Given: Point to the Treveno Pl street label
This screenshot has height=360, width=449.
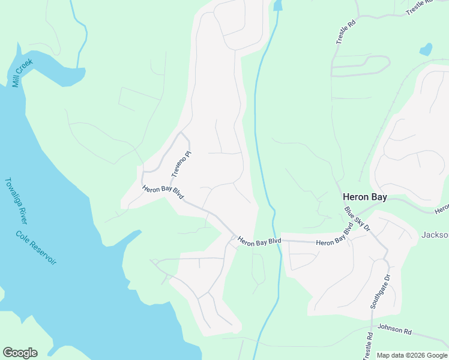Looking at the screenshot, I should pyautogui.click(x=181, y=163).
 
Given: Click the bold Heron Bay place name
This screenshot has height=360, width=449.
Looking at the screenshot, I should pyautogui.click(x=364, y=196).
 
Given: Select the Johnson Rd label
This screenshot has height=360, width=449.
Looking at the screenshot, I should pyautogui.click(x=395, y=331).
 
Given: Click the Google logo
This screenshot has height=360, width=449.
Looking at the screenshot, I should pyautogui.click(x=20, y=353).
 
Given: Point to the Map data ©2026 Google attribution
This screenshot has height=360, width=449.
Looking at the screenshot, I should pyautogui.click(x=411, y=355).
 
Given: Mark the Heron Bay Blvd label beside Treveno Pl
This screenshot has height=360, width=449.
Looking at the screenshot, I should pyautogui.click(x=163, y=193).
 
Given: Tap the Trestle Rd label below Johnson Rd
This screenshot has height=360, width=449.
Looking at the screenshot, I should pyautogui.click(x=367, y=347).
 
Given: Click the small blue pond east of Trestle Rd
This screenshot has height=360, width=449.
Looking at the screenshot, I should pyautogui.click(x=426, y=49).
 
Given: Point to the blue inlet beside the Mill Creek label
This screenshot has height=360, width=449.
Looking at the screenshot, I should pyautogui.click(x=60, y=73).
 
